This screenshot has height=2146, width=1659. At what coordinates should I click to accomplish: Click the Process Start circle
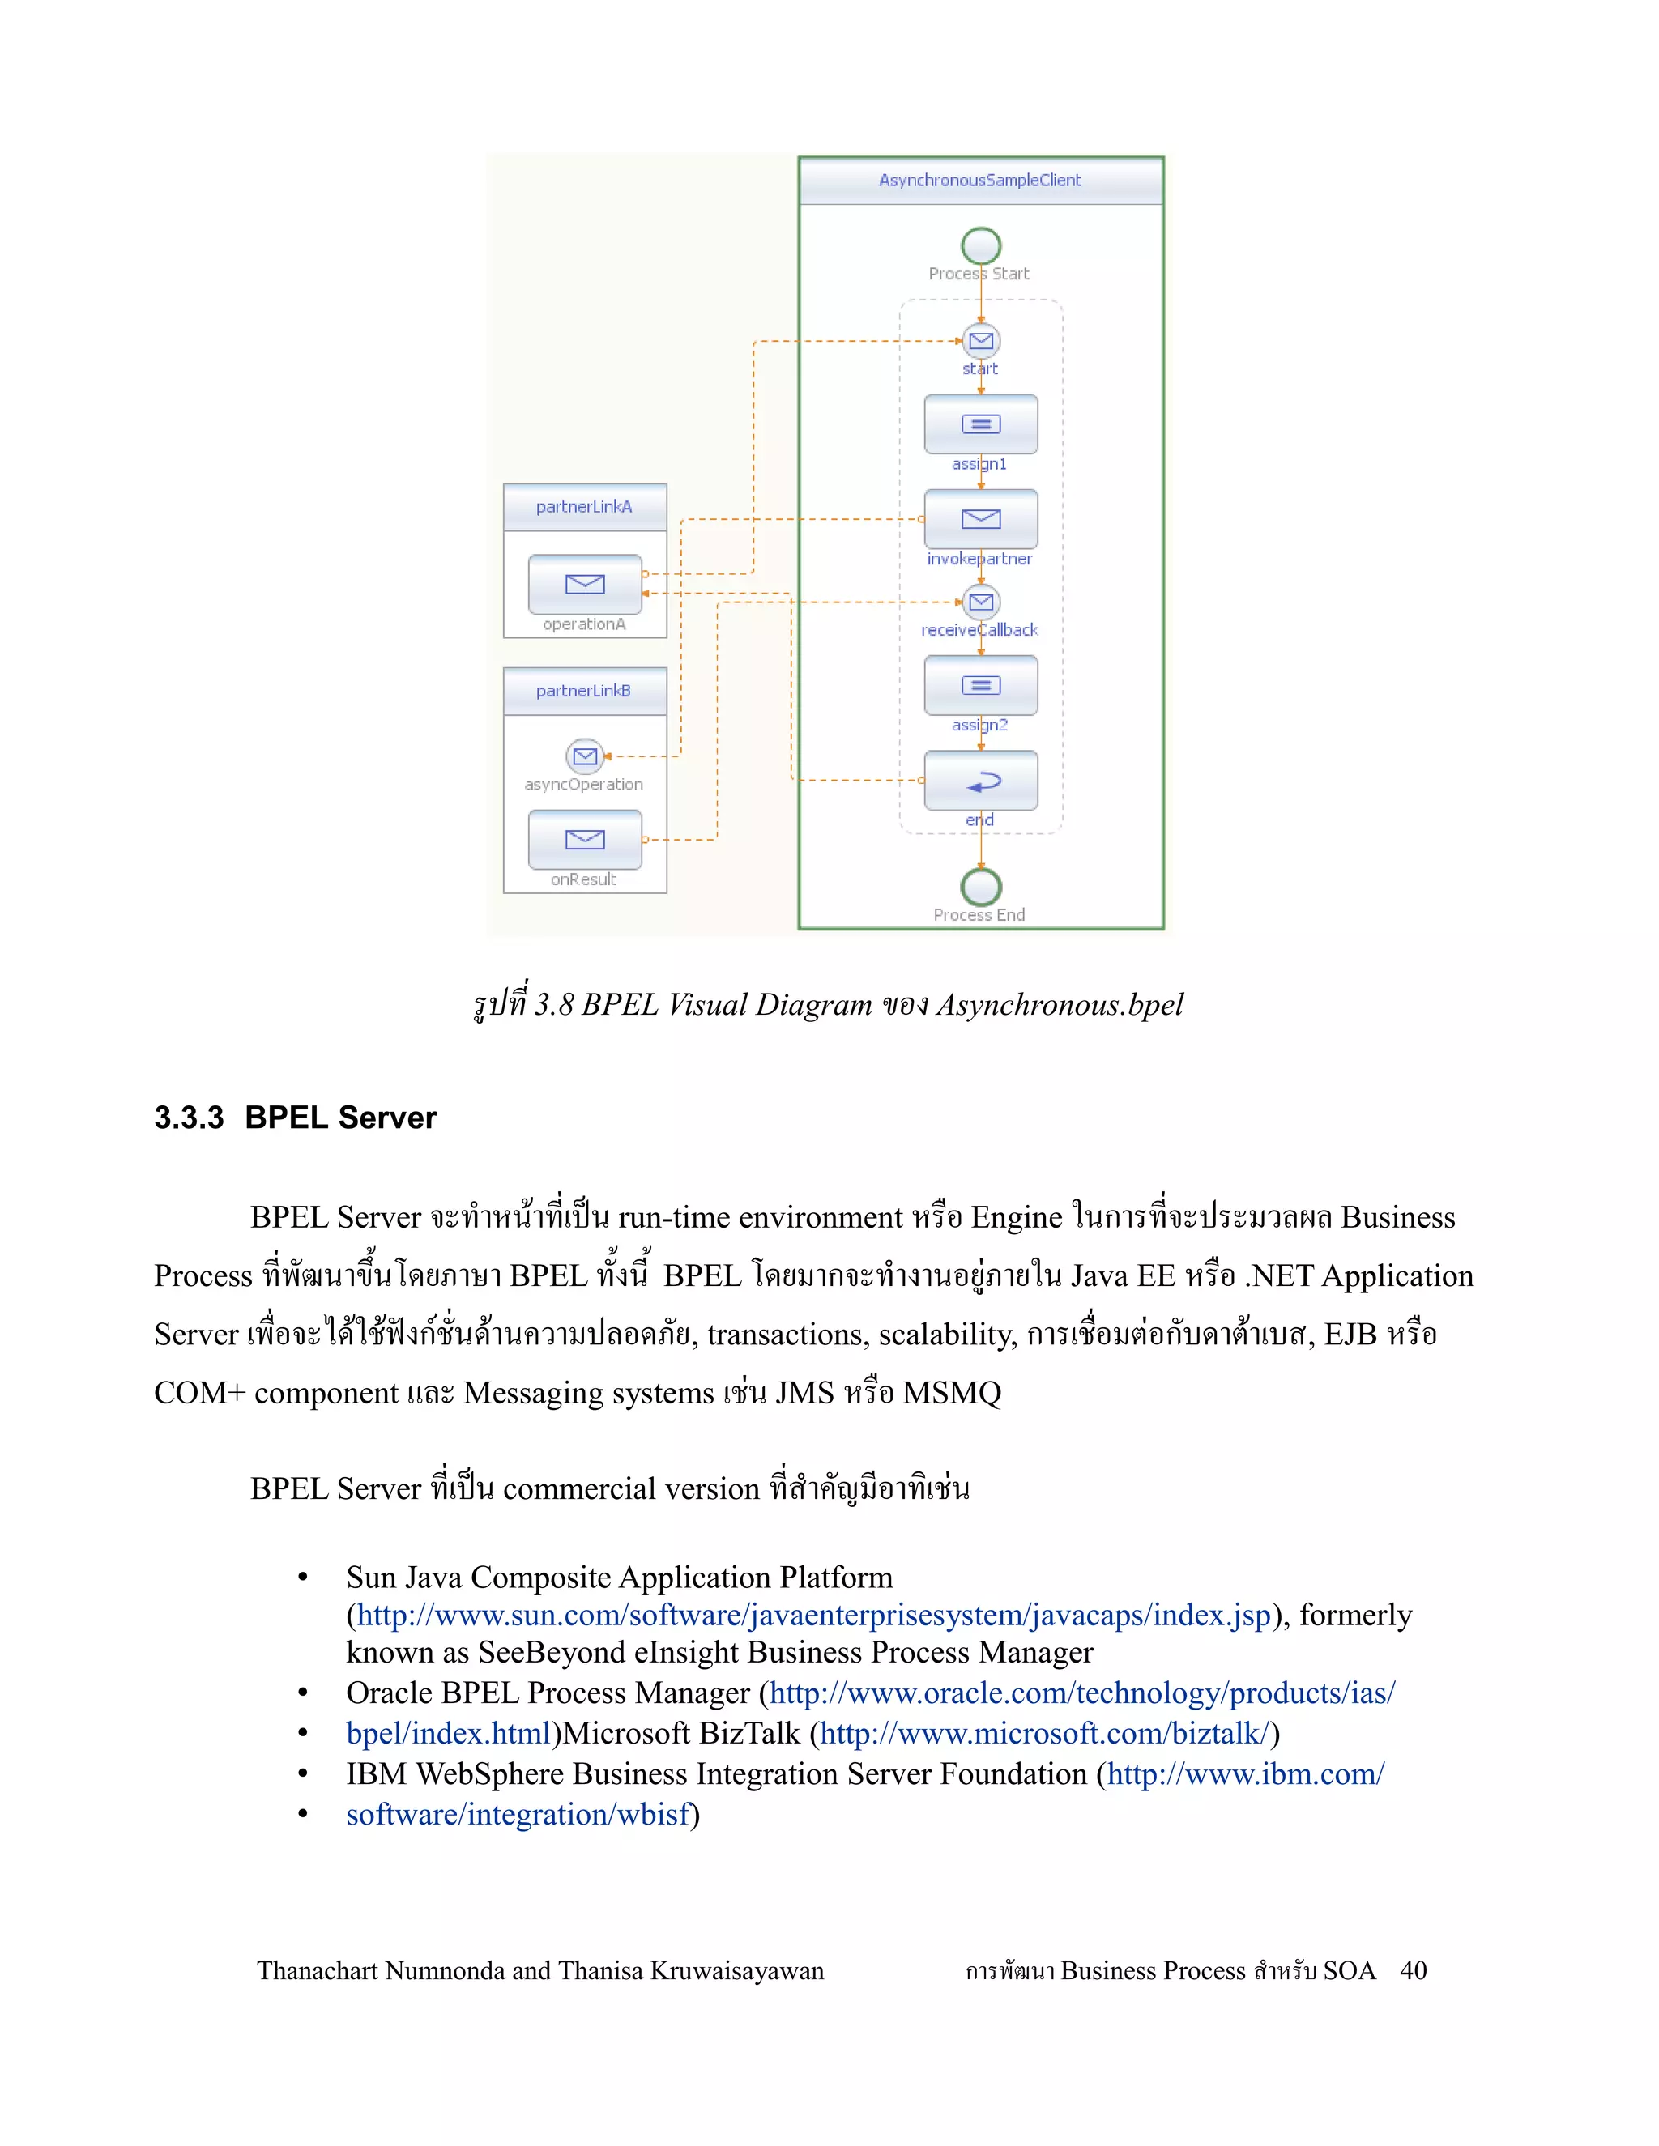(980, 245)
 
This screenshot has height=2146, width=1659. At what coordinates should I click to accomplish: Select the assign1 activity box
(980, 424)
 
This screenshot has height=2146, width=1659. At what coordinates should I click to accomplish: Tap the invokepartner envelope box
(980, 519)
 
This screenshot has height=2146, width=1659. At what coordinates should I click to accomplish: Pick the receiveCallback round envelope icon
(980, 602)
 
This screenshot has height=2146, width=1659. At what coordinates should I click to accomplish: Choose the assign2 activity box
(980, 685)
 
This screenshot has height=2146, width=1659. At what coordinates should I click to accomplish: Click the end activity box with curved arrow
(980, 780)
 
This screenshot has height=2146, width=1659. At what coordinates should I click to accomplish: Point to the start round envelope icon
(980, 341)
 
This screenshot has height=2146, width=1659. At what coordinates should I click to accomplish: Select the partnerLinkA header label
(584, 507)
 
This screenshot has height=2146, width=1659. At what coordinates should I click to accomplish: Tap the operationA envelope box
(585, 584)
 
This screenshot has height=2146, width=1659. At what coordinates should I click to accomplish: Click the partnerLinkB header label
(584, 691)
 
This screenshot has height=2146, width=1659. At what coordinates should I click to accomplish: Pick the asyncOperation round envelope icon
(585, 756)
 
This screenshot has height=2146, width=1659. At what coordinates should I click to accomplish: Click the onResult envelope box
(585, 839)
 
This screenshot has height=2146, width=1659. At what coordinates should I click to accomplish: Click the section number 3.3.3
(189, 1118)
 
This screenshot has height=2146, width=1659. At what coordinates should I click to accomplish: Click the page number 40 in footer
(1414, 1971)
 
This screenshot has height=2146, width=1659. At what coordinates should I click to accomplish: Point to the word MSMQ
(951, 1394)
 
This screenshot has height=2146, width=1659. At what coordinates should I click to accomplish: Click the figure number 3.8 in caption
(554, 1005)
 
